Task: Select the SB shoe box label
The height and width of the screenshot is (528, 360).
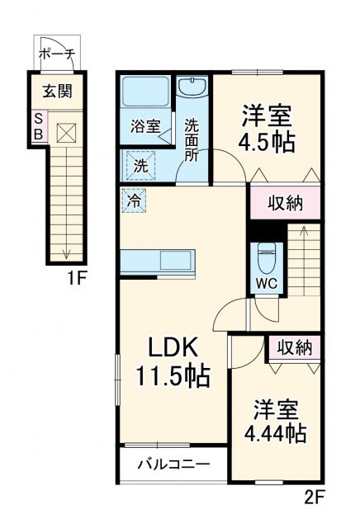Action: click(39, 128)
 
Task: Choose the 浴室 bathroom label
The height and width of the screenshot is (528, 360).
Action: click(145, 128)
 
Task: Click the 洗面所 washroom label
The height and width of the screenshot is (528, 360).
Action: click(192, 140)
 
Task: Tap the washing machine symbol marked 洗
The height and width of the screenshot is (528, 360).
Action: click(140, 164)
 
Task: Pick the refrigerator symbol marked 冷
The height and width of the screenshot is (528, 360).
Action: click(133, 200)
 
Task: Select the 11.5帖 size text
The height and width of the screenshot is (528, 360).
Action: click(172, 376)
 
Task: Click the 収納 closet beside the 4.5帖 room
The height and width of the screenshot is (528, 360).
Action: click(284, 202)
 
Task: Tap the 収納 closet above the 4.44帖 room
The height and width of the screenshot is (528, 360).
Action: click(293, 347)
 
